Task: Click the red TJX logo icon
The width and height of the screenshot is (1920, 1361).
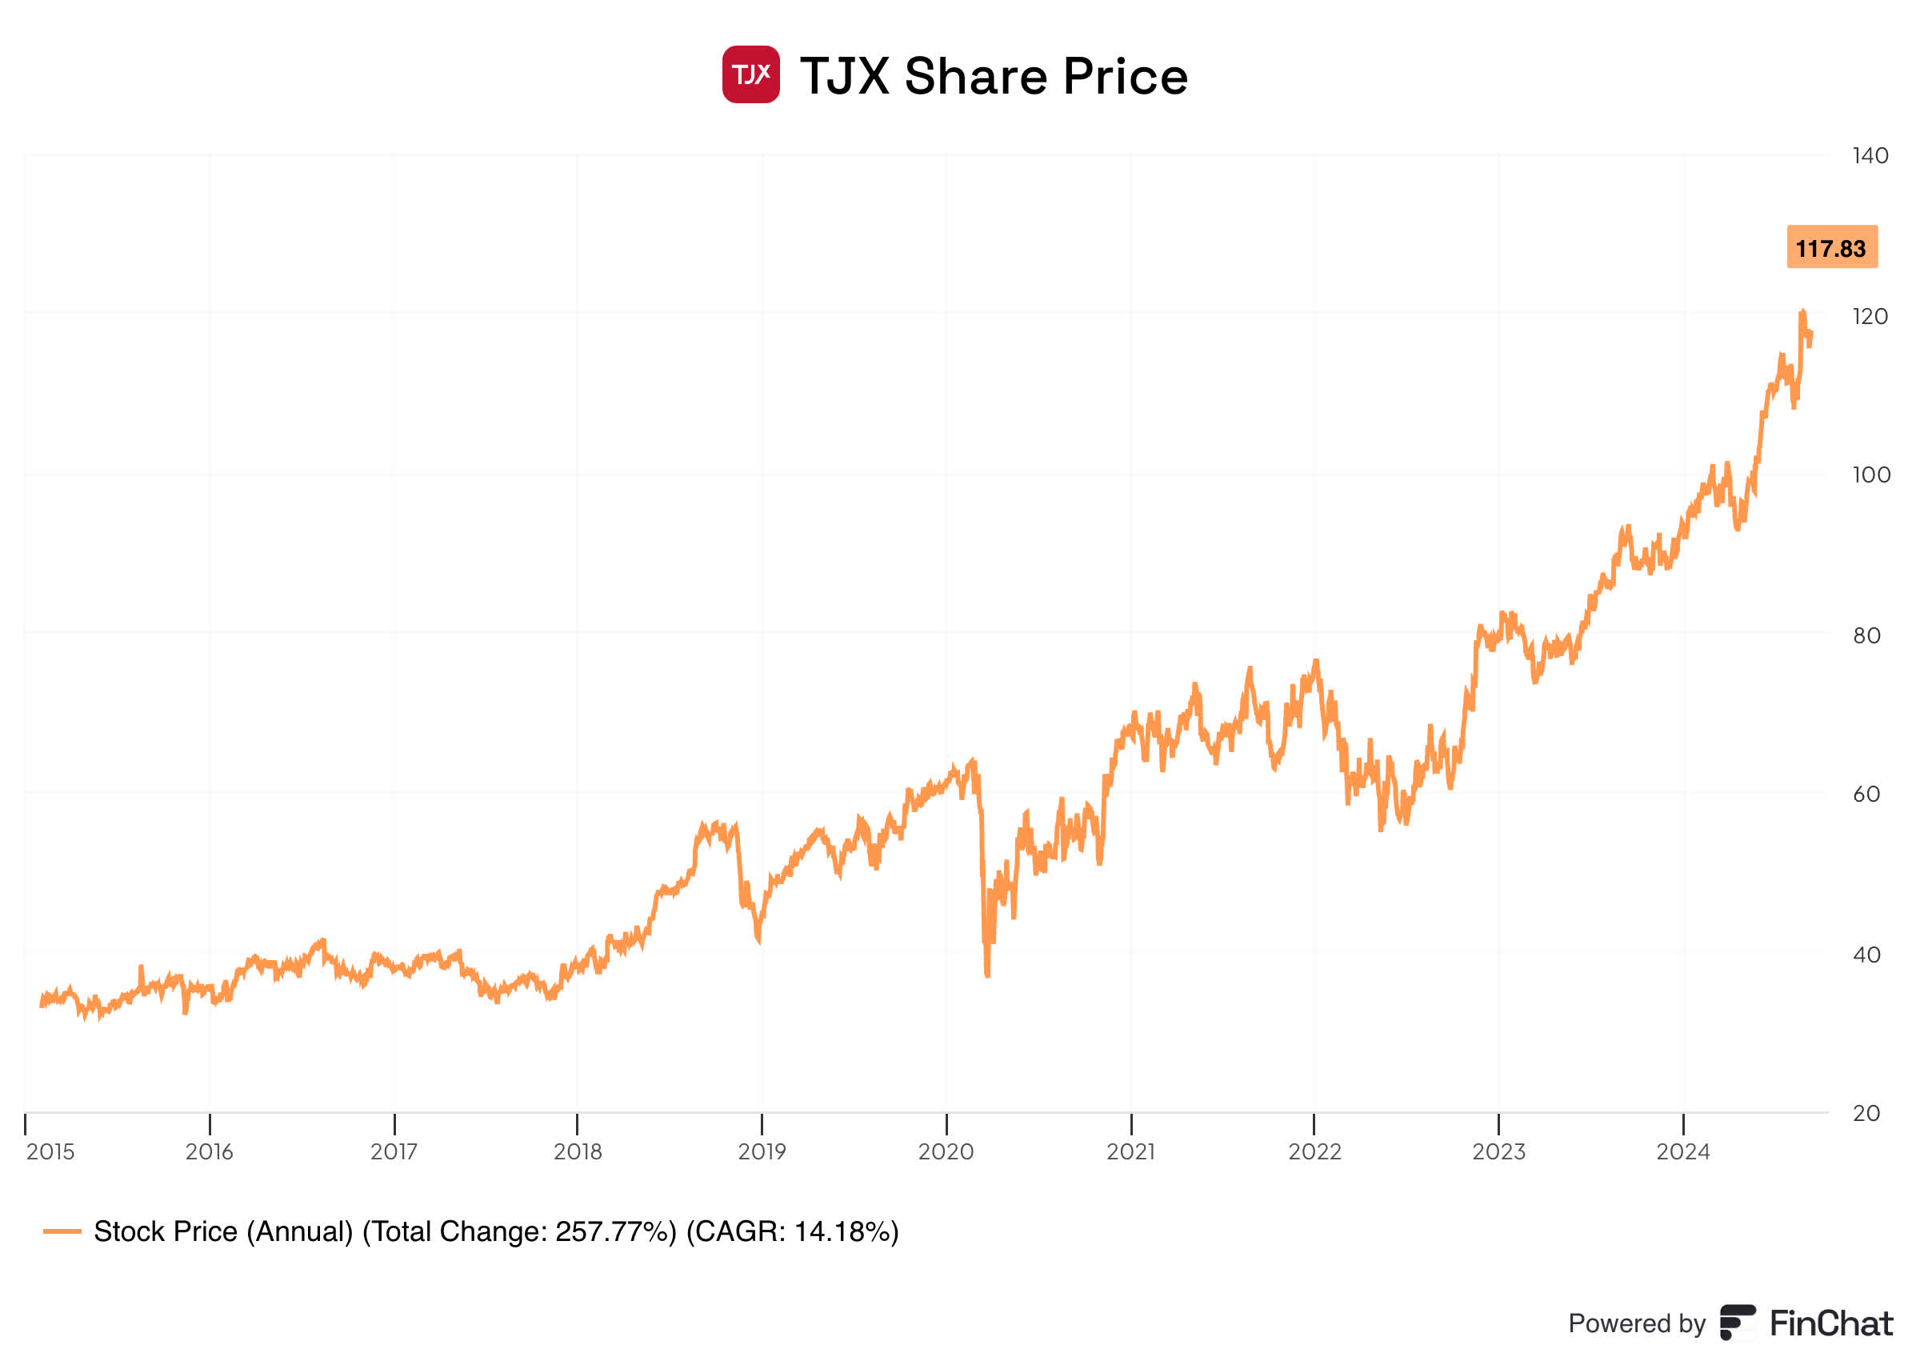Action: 750,74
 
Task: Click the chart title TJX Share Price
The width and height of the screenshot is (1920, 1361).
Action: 994,76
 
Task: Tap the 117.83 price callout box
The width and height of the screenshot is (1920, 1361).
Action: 1831,247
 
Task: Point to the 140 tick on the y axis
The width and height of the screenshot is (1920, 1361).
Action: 1870,156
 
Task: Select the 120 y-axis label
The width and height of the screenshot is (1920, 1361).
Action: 1870,317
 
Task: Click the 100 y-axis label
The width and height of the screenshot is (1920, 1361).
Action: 1870,475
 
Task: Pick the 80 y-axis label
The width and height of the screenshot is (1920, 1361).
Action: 1866,636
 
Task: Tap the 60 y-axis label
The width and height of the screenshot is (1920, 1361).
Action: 1866,795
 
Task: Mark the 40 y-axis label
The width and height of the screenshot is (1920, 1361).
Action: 1866,955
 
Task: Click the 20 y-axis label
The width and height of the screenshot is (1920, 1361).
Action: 1866,1114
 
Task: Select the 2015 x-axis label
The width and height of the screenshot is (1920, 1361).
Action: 50,1152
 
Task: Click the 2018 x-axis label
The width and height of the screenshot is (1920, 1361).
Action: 577,1152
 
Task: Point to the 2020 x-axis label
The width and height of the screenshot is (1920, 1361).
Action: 946,1152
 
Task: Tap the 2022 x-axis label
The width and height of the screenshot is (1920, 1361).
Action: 1314,1152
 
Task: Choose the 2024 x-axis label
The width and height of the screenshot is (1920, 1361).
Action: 1683,1152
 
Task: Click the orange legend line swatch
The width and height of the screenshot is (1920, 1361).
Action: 62,1232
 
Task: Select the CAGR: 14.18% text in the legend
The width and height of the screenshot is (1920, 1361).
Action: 792,1232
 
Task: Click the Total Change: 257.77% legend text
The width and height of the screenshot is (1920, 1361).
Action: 519,1232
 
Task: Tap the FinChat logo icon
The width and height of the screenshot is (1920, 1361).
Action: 1738,1323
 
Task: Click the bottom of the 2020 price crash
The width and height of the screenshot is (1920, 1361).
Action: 988,975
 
